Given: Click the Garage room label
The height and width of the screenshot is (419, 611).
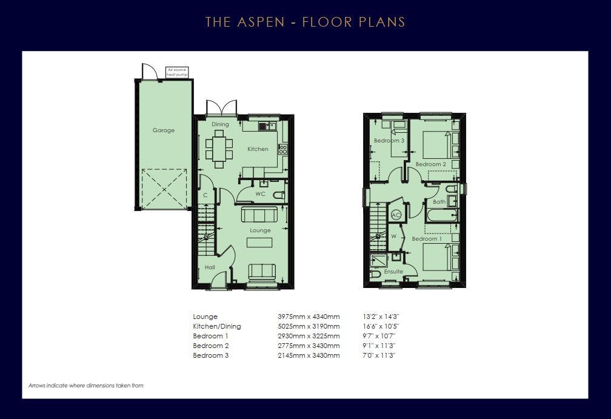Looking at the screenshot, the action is click(164, 130).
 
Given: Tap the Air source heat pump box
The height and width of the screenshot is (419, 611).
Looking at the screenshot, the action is click(177, 72).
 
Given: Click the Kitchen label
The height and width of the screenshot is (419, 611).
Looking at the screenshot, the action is click(258, 149).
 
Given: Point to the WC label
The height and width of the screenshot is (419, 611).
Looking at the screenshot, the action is click(260, 193).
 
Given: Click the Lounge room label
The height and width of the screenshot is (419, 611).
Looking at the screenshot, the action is click(260, 230).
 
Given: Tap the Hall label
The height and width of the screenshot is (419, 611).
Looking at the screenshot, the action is click(210, 267).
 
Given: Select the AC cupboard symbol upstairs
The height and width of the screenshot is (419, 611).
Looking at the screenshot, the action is click(396, 215).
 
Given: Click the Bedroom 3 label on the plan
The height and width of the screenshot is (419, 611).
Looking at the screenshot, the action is click(389, 140).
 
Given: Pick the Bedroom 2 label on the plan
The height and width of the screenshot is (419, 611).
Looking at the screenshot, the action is click(430, 164).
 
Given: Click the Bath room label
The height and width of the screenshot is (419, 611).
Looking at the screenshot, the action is click(439, 202).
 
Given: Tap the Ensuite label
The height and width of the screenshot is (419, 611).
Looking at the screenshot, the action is click(393, 271).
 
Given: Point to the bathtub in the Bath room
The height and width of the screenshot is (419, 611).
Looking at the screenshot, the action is click(441, 215).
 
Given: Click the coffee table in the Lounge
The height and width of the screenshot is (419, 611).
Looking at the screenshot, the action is click(259, 243).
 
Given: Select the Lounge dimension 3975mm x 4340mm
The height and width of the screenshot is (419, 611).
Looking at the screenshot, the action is click(309, 317).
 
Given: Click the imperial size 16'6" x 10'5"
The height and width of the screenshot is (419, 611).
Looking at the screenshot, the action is click(381, 326).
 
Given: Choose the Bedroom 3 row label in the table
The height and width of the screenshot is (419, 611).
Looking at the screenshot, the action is click(211, 355).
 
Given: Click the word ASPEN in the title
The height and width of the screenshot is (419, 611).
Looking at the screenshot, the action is click(261, 22).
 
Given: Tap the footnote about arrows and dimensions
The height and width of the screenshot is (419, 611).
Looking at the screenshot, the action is click(86, 386).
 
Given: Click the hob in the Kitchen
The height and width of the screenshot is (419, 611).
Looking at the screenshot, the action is click(283, 149).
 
